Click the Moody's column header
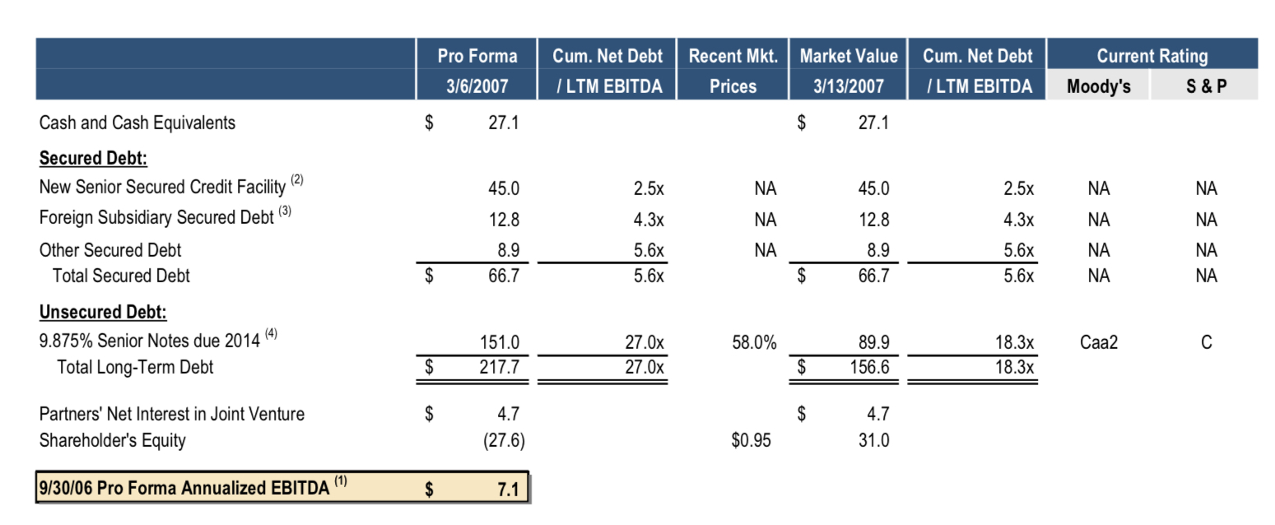click(1098, 86)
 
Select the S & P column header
click(1206, 86)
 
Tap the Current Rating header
click(1152, 56)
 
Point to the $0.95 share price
click(751, 440)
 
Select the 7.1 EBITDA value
click(508, 489)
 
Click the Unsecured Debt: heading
click(103, 312)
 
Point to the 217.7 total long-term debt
click(500, 367)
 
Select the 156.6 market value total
click(870, 367)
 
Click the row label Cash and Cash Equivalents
click(137, 123)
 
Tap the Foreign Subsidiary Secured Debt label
click(156, 218)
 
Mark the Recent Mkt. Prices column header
click(733, 71)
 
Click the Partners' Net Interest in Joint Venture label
click(171, 414)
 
